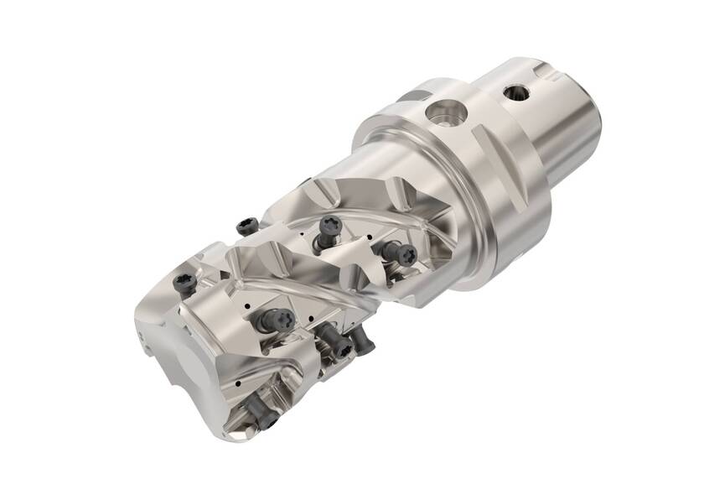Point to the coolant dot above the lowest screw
tap(243, 382)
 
